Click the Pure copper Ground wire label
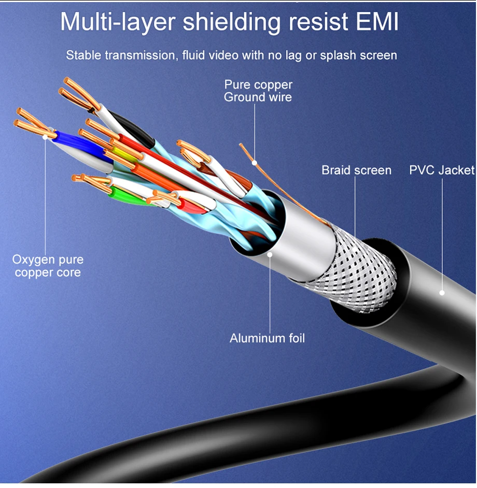(258, 91)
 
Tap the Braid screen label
(356, 170)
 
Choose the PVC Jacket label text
(442, 170)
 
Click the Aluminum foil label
(268, 338)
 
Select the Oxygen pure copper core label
(48, 266)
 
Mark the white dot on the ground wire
(255, 163)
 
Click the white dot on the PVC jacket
(442, 293)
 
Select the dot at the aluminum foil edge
(270, 254)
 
